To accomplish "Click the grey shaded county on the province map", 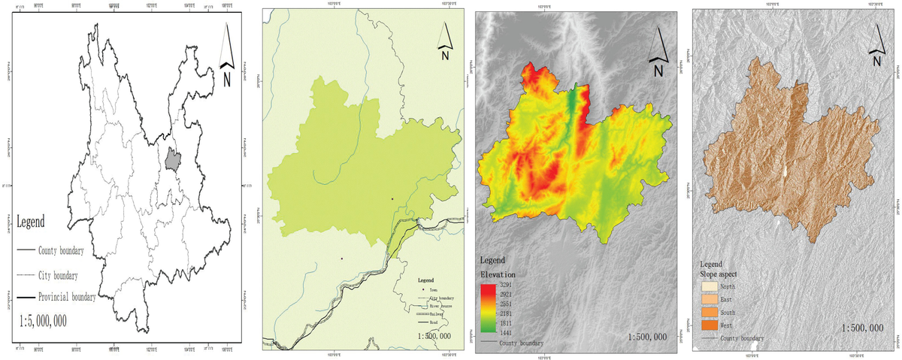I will (174, 159).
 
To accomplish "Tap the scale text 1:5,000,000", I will (44, 321).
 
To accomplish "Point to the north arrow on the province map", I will (229, 56).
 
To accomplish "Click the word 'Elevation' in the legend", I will (498, 274).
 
